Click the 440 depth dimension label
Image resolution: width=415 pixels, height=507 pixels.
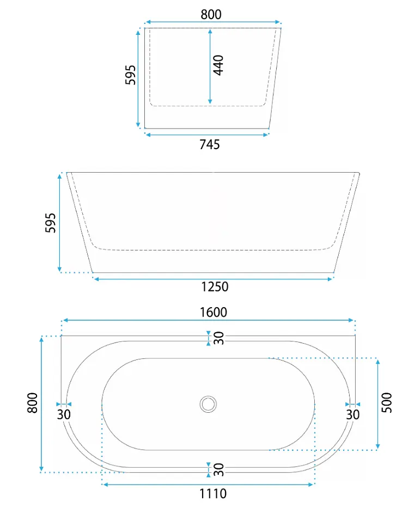(218, 65)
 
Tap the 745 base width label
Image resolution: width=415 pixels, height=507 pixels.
(210, 144)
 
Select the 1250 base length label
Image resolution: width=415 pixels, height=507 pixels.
(215, 287)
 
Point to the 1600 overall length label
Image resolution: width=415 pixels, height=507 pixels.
(213, 313)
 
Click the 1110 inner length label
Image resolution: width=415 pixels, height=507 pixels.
(213, 494)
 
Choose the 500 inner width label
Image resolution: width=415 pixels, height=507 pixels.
(387, 403)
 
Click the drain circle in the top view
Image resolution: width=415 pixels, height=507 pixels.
(208, 404)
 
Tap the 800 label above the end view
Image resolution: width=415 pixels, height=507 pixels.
(211, 15)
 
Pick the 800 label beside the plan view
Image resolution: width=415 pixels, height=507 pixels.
(32, 403)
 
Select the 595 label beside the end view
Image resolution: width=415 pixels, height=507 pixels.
(130, 75)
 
